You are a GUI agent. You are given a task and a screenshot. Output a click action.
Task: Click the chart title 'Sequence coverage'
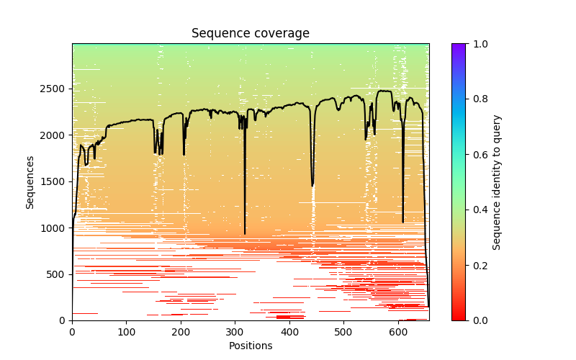tap(250, 34)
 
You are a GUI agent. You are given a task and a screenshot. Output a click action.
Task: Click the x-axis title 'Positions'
tap(250, 346)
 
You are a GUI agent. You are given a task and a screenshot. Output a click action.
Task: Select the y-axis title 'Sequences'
tap(30, 182)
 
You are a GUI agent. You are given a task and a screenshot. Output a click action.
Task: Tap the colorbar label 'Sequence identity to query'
tap(497, 182)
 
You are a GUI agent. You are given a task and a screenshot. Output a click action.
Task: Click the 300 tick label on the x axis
tap(235, 332)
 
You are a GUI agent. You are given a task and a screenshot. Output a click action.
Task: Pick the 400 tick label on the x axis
tap(289, 332)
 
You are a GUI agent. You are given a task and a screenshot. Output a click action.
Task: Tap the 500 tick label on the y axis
tap(58, 274)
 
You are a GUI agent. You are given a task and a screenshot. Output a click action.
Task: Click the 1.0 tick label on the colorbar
tap(477, 44)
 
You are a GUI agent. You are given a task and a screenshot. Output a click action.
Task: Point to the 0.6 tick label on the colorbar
tap(477, 155)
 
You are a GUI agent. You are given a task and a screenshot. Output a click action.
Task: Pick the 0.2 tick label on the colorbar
tap(477, 266)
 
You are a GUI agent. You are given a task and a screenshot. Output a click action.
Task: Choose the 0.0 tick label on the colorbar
tap(477, 320)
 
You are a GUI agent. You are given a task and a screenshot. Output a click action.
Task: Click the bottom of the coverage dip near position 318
tap(245, 233)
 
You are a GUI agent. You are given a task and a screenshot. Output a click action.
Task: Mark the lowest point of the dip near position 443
tap(312, 186)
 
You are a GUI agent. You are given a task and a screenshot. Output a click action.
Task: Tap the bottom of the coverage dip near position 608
tap(402, 222)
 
